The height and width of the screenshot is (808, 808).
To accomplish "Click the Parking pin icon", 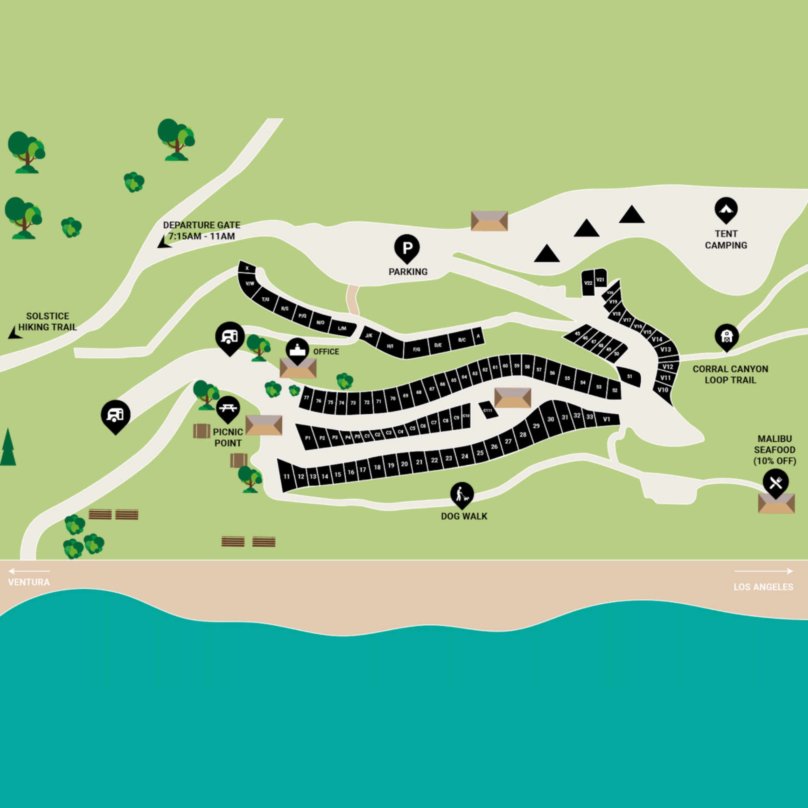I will click(x=407, y=248).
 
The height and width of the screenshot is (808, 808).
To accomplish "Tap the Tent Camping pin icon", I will click(x=726, y=209).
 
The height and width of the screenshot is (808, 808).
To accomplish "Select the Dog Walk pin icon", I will click(x=462, y=494).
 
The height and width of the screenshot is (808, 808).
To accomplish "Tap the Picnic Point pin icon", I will click(x=228, y=408).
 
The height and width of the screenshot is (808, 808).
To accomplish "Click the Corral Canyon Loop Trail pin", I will click(x=727, y=337).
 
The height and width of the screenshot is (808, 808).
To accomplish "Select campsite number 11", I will click(x=286, y=476).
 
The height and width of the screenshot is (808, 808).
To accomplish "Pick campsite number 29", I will click(x=537, y=426).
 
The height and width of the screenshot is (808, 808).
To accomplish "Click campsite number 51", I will click(x=629, y=376).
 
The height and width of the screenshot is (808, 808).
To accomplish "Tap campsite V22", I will click(x=588, y=283).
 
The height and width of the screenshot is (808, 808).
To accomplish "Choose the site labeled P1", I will click(x=308, y=438).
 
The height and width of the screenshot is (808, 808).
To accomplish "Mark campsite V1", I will click(x=606, y=419).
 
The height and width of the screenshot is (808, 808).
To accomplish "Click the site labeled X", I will click(x=247, y=268).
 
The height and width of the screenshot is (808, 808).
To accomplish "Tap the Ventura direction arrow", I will click(x=28, y=571).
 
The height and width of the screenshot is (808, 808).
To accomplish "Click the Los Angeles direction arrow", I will click(x=764, y=571).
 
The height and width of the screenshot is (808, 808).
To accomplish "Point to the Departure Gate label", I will click(x=202, y=230).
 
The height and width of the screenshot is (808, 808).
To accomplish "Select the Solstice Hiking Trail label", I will click(x=47, y=322).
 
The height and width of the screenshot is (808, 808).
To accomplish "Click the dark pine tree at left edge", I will click(x=7, y=448).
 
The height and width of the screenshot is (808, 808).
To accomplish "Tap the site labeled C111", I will click(x=488, y=410).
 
